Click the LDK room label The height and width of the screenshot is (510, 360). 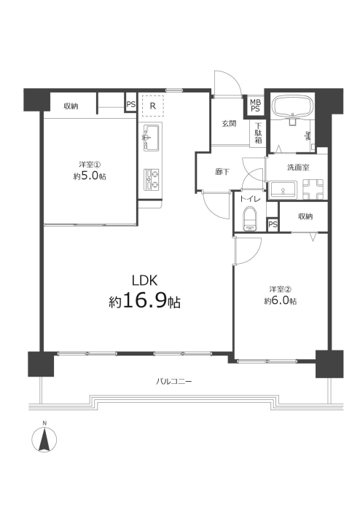pos(145,280)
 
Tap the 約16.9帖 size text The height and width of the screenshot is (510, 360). pos(144,301)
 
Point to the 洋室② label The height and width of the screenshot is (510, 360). pos(280,289)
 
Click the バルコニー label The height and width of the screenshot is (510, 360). pos(173,381)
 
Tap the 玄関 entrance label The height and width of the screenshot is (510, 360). pos(230,124)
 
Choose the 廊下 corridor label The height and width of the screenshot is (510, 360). pos(222,171)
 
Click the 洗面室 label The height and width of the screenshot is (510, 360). pos(298,168)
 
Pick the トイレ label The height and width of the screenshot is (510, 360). pos(251,200)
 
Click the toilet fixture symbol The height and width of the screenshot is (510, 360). pos(251,219)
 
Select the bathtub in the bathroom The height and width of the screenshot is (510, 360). pos(294,106)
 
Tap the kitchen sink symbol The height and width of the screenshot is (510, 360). pos(151,137)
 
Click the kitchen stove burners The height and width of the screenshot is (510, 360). pos(151,180)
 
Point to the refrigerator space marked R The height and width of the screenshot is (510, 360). pos(153,106)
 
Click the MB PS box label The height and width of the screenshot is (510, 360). pos(255,106)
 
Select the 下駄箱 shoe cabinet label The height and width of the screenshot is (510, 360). pos(258,133)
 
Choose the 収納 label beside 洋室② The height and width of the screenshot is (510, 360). pos(305,216)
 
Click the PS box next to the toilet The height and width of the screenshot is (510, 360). pos(273,224)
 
